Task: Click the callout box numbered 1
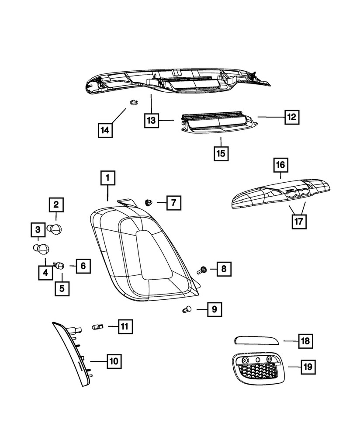107,179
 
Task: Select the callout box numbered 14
105,130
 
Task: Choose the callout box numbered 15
222,153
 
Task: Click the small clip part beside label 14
133,102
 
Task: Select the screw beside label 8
203,270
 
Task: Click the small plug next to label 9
186,310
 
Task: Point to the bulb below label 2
55,228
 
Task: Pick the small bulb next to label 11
98,326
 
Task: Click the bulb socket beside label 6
59,264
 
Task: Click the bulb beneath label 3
41,249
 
